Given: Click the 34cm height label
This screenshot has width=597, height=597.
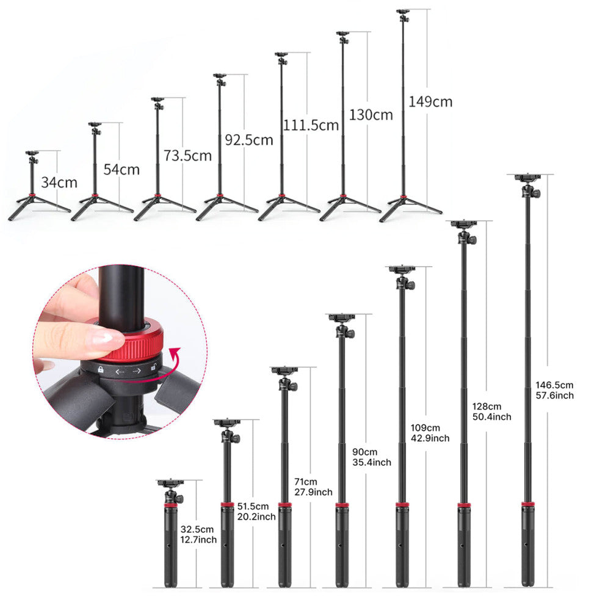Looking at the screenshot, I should click(59, 181).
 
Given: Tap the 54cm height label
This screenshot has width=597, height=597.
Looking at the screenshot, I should click(121, 169).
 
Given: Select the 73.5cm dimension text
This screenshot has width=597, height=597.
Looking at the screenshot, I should click(187, 155).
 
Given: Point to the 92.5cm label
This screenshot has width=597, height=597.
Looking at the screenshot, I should click(248, 140).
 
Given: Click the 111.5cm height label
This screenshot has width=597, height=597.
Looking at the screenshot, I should click(311, 125).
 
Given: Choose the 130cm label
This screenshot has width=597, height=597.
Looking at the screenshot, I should click(371, 114).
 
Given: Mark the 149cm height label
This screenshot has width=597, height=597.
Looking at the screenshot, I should click(430, 101).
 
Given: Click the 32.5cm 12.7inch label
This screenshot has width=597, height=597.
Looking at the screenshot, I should click(198, 534).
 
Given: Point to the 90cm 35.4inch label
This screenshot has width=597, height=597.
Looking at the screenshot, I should click(372, 457).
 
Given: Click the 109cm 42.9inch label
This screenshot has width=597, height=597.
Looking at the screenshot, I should click(430, 433).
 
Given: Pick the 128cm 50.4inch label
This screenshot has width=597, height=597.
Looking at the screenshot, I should click(491, 411).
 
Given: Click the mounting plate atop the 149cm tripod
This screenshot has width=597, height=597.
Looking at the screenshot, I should click(403, 11).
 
